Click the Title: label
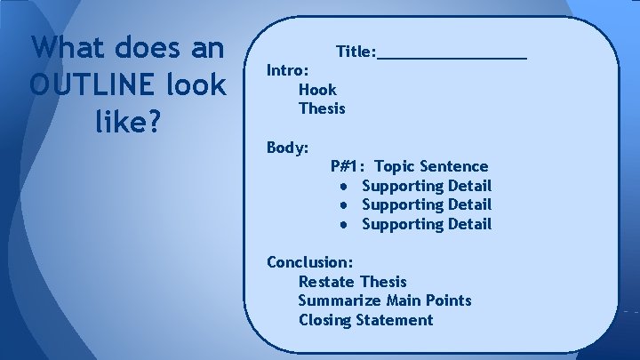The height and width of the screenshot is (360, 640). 356,52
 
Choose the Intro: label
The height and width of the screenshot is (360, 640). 288,69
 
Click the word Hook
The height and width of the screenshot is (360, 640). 317,89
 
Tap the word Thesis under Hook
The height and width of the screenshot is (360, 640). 322,108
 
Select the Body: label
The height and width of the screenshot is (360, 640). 288,147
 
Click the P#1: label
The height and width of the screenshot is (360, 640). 348,166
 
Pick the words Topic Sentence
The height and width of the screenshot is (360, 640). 431,166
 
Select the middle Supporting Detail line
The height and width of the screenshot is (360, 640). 426,204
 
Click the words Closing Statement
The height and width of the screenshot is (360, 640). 365,320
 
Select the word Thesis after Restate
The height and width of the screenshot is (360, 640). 383,282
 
